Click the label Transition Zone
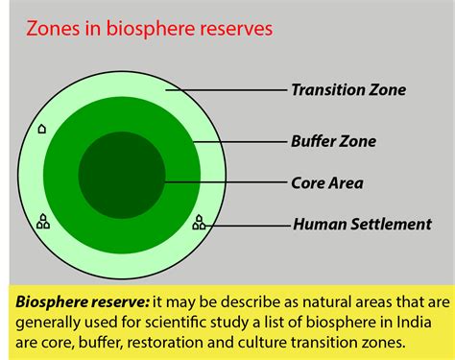coord(348,90)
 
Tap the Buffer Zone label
coord(333,141)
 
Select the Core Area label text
coord(326,182)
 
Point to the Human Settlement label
coord(361,225)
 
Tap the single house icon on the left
coord(41,128)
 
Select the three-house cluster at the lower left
coord(42,222)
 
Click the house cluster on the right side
coord(199,222)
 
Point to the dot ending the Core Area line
coord(165,182)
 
